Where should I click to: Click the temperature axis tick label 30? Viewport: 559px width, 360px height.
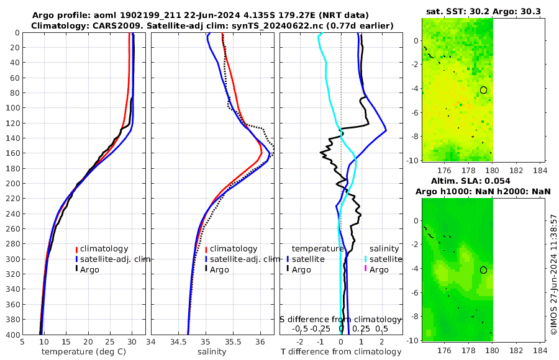(x=132, y=342)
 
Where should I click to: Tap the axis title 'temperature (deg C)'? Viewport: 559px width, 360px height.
(x=84, y=352)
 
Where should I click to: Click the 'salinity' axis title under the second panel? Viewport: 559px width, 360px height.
(x=212, y=352)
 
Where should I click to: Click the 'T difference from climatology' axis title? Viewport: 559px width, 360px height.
(x=341, y=352)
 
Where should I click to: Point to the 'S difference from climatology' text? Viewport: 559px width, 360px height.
(x=341, y=319)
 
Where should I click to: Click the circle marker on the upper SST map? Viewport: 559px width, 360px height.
(x=483, y=90)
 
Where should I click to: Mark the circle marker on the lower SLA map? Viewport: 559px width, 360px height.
(x=483, y=270)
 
